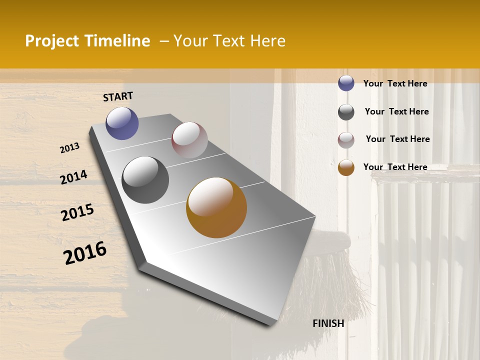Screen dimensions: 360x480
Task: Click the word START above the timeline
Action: (118, 96)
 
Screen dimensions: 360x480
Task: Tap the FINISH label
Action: (328, 323)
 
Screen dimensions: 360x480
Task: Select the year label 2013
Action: (70, 148)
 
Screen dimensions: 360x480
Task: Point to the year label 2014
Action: (74, 177)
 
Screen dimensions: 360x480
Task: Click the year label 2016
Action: (85, 253)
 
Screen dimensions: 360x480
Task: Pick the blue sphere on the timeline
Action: (122, 123)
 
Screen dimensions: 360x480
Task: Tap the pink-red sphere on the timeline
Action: (189, 140)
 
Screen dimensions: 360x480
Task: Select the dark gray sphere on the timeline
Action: (145, 179)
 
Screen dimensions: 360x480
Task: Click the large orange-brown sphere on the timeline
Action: (216, 207)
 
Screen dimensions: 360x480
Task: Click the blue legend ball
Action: (346, 83)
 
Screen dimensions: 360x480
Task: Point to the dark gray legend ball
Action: (346, 112)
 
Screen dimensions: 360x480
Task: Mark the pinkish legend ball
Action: (346, 140)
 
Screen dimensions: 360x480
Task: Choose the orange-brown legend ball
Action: (346, 167)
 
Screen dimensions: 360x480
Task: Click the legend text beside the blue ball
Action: (395, 83)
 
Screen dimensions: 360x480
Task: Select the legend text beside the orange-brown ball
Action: (395, 167)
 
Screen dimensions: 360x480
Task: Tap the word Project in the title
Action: (51, 41)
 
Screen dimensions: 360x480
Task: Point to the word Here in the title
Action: (267, 41)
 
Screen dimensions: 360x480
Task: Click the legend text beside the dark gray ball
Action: (396, 111)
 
